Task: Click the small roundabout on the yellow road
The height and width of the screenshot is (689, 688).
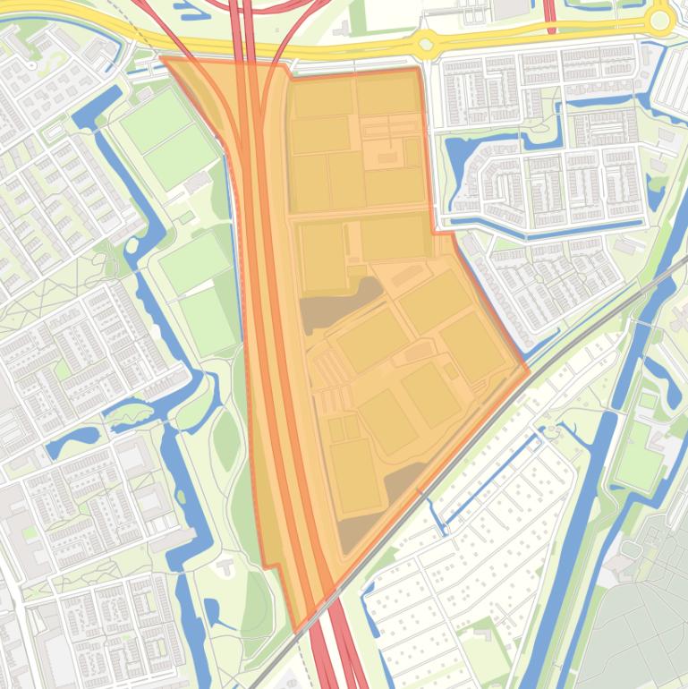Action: click(425, 42)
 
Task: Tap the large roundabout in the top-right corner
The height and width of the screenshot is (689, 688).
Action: click(660, 19)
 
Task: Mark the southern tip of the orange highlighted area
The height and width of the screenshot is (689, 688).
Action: click(296, 632)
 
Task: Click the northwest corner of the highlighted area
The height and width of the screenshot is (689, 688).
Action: click(163, 58)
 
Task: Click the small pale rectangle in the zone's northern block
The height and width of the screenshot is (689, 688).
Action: click(386, 158)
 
